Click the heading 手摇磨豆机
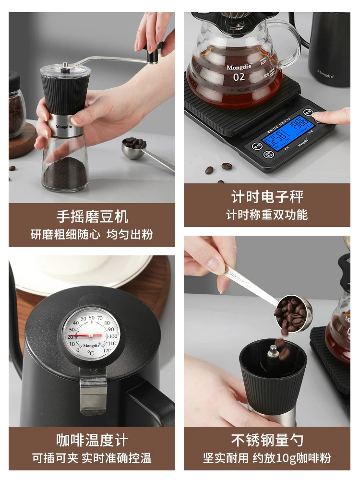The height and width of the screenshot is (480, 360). pos(92,216)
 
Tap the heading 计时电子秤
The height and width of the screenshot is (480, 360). pos(267,197)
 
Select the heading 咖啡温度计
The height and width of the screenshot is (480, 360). pos(92,440)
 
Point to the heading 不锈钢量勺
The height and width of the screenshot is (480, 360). pos(267,440)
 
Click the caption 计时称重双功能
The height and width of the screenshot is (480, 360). pos(267,214)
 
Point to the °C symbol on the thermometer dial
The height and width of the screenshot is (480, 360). pos(91,353)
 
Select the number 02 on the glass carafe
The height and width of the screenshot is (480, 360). pos(239,77)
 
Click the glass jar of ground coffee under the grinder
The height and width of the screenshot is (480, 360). pos(65,166)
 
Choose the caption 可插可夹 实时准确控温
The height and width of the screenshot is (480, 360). pos(92,457)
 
